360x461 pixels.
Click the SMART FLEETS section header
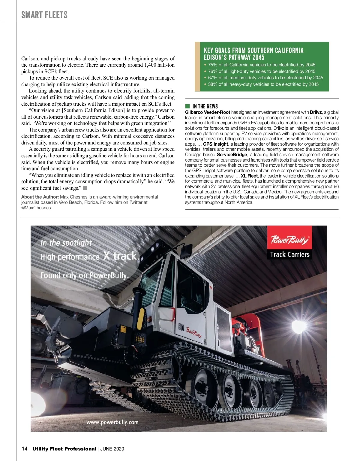44,15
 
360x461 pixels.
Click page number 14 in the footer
25,449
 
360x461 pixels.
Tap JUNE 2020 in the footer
112,449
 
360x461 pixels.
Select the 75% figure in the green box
212,65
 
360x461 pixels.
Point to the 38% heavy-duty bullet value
212,84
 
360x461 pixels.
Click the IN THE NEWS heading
205,106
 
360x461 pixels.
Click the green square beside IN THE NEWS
187,106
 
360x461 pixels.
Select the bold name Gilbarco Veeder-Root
208,112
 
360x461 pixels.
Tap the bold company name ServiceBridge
232,155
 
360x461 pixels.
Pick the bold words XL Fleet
249,176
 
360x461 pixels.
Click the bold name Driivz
316,112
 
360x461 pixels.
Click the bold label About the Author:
40,197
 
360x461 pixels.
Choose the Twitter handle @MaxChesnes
36,208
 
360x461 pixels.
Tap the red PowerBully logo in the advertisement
289,240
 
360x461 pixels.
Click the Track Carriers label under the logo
289,254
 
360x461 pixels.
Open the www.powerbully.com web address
112,422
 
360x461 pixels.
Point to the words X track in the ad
121,256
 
